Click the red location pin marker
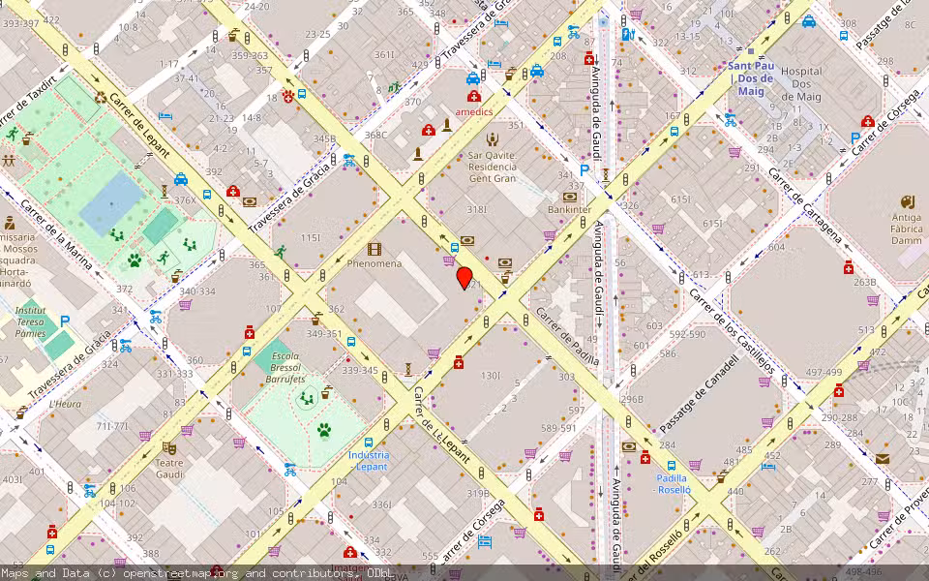tap(464, 278)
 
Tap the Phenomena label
tap(375, 263)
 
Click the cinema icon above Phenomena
tap(375, 250)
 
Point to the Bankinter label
tap(569, 209)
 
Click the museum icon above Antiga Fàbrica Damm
tap(908, 201)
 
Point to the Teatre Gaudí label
tap(169, 469)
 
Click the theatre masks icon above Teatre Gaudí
tap(169, 448)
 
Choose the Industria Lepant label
tap(369, 461)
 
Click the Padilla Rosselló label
tap(673, 484)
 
